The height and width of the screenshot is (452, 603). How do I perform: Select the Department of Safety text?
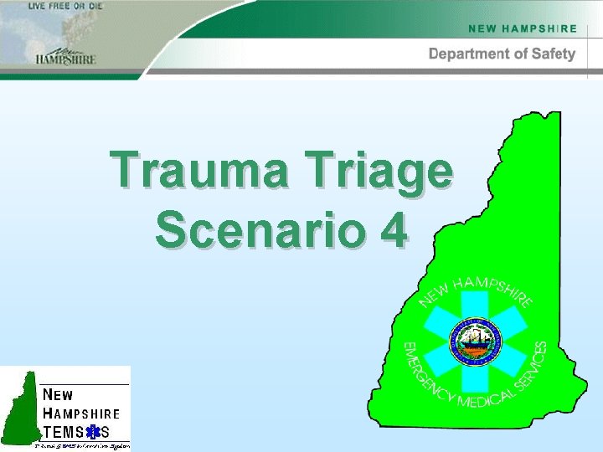click(502, 54)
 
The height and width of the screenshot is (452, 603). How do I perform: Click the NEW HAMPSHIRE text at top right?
click(523, 28)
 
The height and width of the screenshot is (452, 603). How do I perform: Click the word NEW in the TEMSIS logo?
click(58, 394)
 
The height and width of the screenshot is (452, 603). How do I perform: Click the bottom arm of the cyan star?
click(474, 381)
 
